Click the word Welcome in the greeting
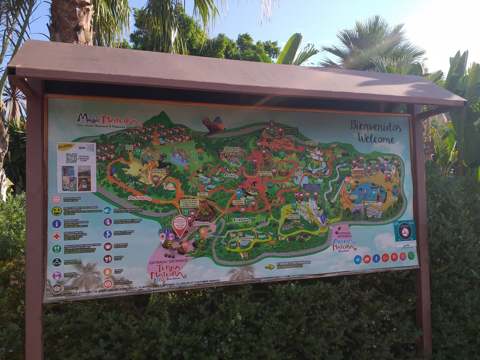point(377,139)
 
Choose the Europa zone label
point(242,220)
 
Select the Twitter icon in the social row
point(358,259)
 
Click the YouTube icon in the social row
point(367,259)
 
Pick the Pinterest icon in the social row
point(394,257)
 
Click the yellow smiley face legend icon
point(57,211)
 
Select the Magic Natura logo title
point(107,119)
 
